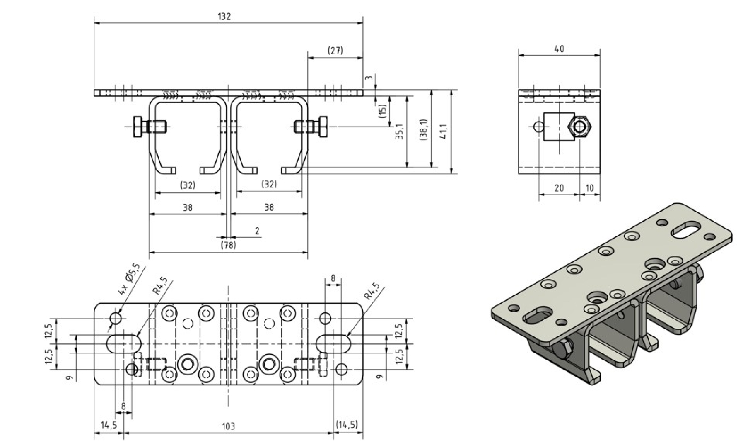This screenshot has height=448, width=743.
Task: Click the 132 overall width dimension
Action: [x=224, y=17]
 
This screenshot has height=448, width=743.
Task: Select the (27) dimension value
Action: [x=335, y=51]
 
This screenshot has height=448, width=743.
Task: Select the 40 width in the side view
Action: [x=559, y=49]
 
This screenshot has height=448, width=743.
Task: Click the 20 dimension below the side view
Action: [x=559, y=188]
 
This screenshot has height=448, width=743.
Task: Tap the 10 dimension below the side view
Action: [x=589, y=188]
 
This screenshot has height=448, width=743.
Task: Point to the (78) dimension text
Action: [x=228, y=245]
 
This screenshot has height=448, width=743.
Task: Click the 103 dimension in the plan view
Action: [x=228, y=426]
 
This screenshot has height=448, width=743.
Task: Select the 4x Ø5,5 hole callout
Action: [x=129, y=278]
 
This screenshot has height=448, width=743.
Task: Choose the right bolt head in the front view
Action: [x=321, y=126]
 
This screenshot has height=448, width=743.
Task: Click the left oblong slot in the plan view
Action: [x=124, y=343]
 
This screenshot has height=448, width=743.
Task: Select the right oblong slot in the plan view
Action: [x=333, y=343]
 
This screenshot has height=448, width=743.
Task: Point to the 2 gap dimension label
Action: [x=257, y=231]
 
